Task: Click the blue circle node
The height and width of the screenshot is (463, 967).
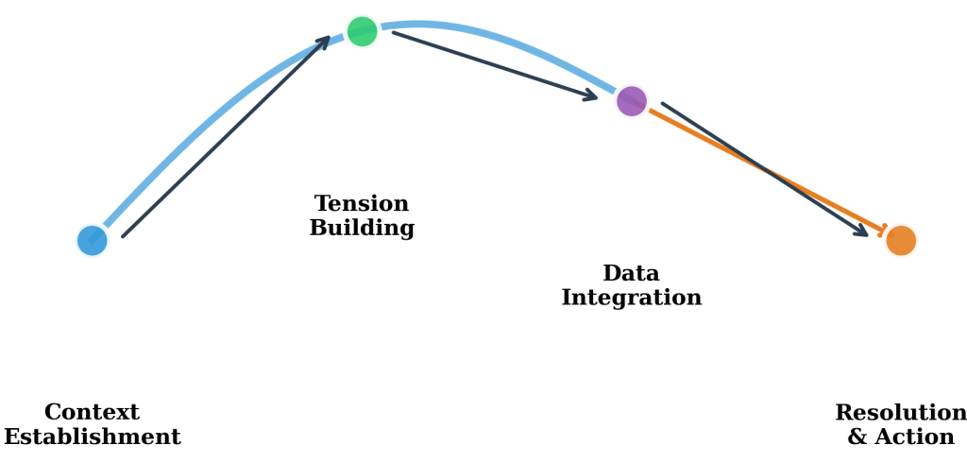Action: [92, 240]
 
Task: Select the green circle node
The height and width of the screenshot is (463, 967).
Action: [362, 31]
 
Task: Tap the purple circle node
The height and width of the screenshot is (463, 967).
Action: [631, 101]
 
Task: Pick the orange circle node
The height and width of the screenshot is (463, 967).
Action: [901, 240]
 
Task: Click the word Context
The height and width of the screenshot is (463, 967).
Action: [92, 413]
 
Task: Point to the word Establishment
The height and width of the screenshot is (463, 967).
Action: [92, 437]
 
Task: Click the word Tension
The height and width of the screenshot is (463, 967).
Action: [362, 204]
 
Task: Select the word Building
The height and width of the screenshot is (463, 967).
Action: [362, 229]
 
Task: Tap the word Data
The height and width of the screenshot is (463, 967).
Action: [631, 274]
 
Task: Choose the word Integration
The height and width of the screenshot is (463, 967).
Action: [631, 298]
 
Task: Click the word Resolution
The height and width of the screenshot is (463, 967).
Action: [901, 413]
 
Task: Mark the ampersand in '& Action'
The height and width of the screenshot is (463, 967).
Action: [857, 437]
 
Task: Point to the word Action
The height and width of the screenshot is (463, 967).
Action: [913, 437]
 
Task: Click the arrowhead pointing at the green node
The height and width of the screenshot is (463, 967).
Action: [323, 43]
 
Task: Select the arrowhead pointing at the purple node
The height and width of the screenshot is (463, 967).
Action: [589, 94]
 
